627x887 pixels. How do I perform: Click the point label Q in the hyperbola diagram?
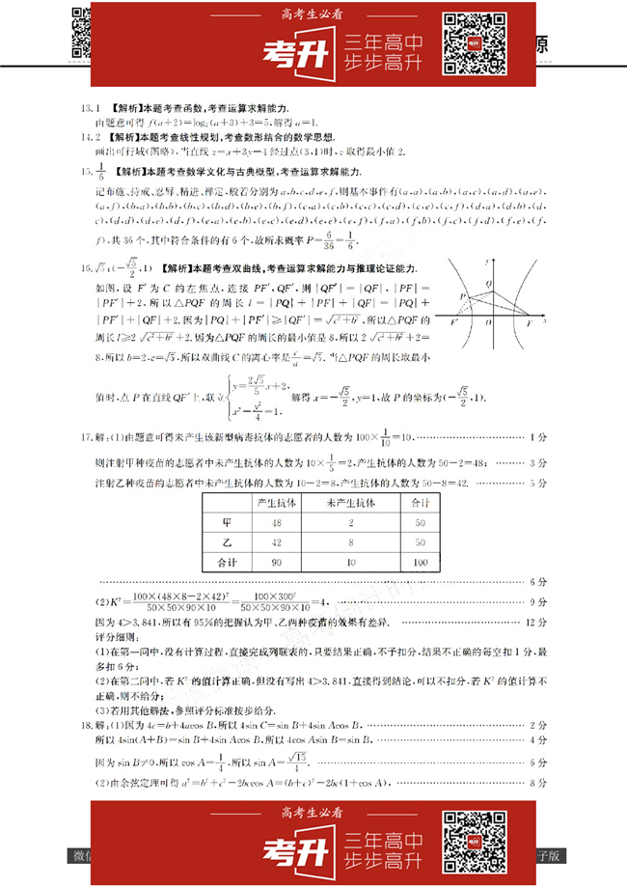pos(489,283)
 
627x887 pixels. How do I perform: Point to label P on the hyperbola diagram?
pos(463,297)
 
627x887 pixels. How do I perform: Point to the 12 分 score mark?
pos(537,627)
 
